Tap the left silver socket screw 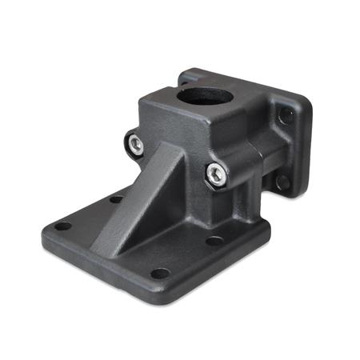pos(136,144)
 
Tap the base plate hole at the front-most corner pos(160,273)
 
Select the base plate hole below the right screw pos(213,241)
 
